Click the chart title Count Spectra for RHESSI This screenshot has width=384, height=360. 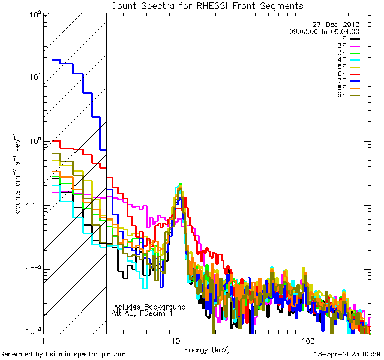207,5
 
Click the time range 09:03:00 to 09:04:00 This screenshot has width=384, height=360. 324,31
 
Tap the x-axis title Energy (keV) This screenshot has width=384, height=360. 206,349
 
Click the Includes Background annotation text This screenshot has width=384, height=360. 149,307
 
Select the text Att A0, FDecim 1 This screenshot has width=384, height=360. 142,313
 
